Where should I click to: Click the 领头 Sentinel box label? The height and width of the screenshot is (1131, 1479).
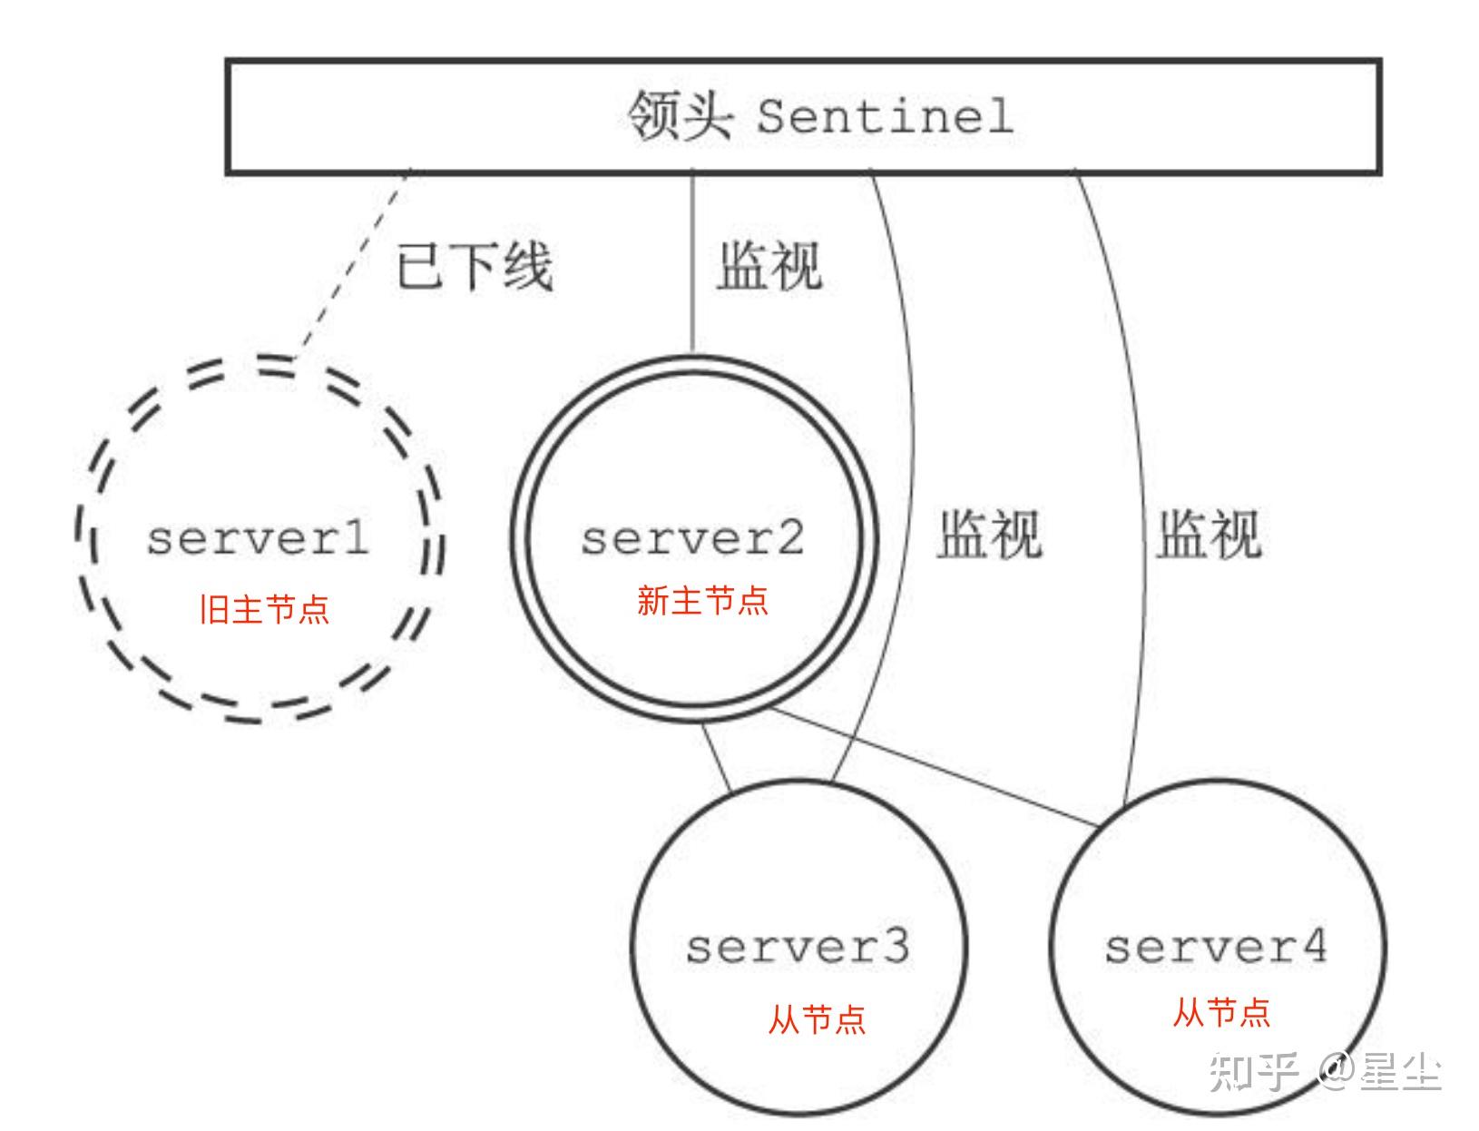tap(819, 116)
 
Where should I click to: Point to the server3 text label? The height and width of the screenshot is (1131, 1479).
tap(798, 947)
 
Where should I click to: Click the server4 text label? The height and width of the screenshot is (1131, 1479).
tap(1216, 947)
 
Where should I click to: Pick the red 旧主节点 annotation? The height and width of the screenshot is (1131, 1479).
tap(264, 609)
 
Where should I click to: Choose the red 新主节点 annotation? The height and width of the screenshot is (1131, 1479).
tap(702, 601)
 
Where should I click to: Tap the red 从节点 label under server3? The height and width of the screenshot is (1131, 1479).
tap(817, 1018)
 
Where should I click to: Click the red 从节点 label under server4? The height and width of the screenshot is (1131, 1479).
tap(1221, 1011)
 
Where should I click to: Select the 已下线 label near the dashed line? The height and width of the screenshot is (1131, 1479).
tap(475, 267)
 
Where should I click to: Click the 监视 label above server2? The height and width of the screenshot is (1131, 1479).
tap(769, 266)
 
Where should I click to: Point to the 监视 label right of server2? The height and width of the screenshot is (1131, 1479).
tap(989, 534)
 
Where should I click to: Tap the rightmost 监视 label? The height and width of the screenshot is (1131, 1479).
tap(1209, 534)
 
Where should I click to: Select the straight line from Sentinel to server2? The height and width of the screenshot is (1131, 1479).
tap(693, 263)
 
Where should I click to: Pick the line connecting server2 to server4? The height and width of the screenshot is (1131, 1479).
tap(935, 768)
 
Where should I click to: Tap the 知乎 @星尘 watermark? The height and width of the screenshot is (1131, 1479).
tap(1325, 1072)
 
